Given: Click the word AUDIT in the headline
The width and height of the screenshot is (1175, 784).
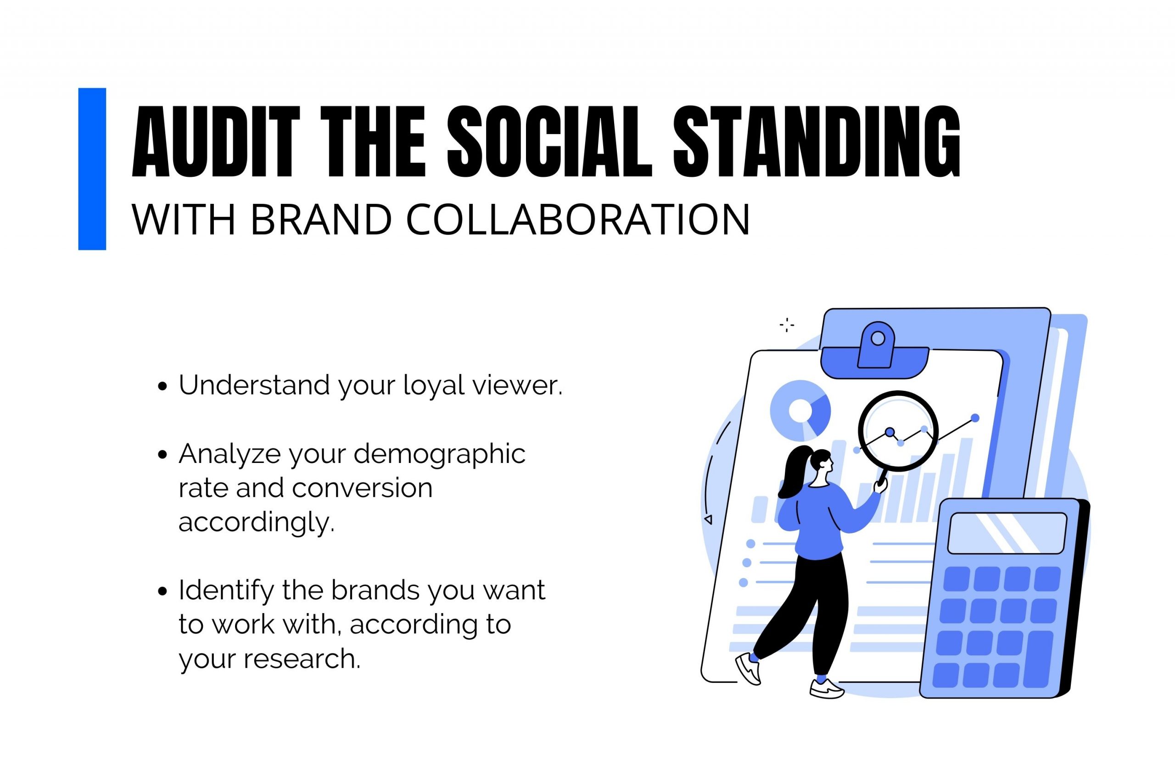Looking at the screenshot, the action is coord(216,141).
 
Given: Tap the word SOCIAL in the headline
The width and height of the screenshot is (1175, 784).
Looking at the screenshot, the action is coord(549,141).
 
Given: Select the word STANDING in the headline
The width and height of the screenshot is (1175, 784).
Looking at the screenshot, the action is coord(817,141).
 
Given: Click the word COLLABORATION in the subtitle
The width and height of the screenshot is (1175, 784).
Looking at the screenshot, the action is coord(578,220).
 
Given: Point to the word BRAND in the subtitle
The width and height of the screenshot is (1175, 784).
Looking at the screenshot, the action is coord(321,220).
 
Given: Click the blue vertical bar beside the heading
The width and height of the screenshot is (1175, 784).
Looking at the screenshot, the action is coord(92,169).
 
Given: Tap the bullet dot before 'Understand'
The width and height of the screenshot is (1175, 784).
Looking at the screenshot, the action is coord(162,387).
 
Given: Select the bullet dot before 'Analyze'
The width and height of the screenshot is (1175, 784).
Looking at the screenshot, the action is coord(162,455).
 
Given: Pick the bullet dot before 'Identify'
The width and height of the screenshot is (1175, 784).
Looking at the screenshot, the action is coord(162,592).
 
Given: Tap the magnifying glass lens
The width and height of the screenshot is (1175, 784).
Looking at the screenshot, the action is coord(898,431).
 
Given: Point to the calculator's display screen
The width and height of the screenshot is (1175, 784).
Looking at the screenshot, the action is coord(1007,533).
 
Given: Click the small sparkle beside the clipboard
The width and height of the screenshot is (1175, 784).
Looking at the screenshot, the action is coord(787,325).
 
